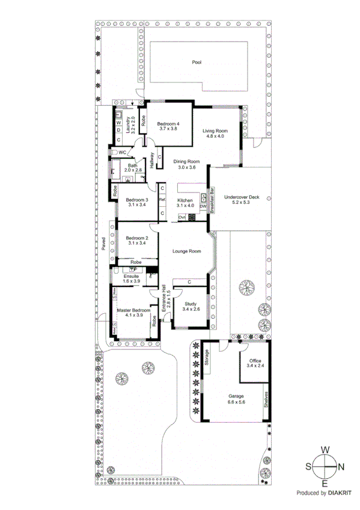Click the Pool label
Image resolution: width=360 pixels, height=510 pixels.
[x=197, y=62]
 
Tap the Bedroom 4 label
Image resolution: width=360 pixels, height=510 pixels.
[x=168, y=123]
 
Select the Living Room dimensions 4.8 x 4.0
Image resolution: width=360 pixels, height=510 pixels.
[x=215, y=137]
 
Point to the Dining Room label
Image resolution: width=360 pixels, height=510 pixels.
[x=186, y=161]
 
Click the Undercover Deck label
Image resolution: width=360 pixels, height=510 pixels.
[x=241, y=197]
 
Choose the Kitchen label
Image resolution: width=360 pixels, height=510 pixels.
[x=185, y=200]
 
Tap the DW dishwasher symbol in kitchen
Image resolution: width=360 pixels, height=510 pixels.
[x=203, y=206]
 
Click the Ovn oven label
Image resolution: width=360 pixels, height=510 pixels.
[x=182, y=217]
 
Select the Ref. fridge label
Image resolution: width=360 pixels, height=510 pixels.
[x=162, y=200]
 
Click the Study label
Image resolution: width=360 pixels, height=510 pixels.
[x=191, y=304]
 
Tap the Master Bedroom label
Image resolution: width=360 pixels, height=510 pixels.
[x=134, y=310]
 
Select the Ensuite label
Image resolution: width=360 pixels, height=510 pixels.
[x=130, y=275]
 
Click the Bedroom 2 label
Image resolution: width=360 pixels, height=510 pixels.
[x=137, y=238]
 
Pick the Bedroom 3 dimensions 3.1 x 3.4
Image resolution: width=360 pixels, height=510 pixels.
[x=137, y=205]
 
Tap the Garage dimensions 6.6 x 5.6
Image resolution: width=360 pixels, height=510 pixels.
[x=236, y=402]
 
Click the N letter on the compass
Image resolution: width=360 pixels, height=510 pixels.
[x=341, y=467]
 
